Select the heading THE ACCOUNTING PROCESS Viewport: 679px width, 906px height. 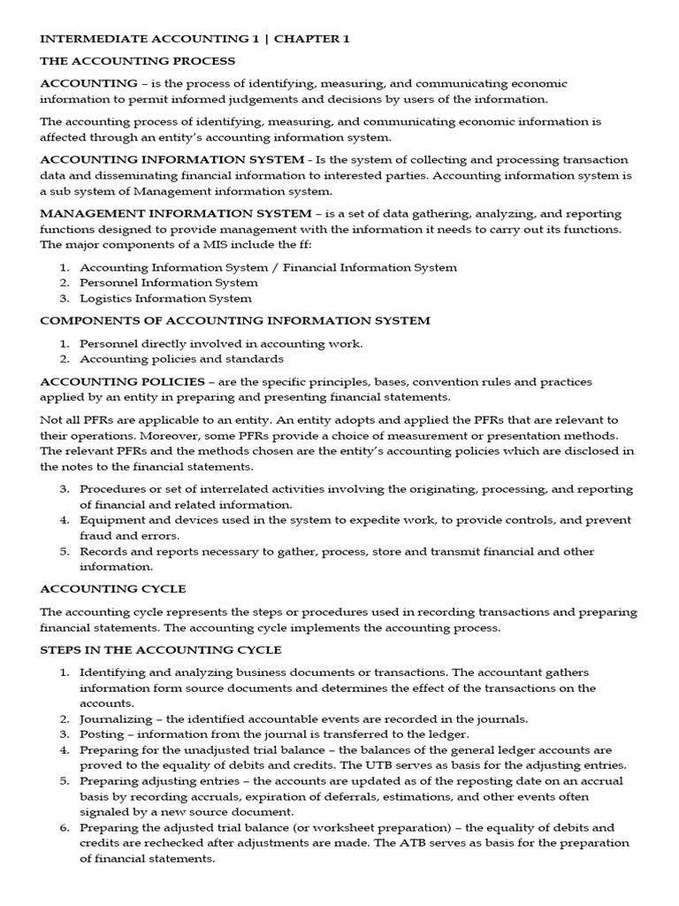pos(137,61)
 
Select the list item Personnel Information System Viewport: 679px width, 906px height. pos(169,282)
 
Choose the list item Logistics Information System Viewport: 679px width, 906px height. pos(165,298)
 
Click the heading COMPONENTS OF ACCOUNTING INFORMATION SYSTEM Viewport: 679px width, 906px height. pos(235,320)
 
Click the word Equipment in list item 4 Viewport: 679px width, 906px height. pos(110,519)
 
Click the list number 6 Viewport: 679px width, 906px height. pos(64,827)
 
